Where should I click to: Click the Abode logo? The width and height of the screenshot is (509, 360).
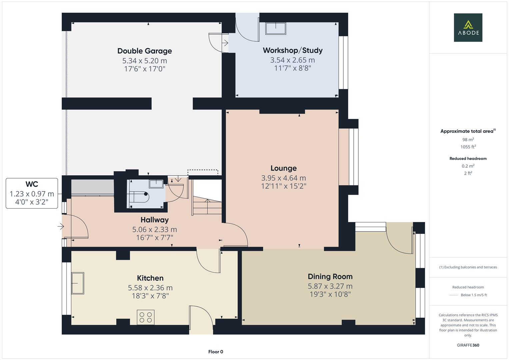pyautogui.click(x=468, y=28)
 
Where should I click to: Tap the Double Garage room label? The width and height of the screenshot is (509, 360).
pyautogui.click(x=145, y=51)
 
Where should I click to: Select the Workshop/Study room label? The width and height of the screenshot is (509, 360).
pyautogui.click(x=293, y=50)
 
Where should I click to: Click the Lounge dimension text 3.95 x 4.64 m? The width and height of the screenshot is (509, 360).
pyautogui.click(x=283, y=178)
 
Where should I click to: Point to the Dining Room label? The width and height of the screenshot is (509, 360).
pyautogui.click(x=330, y=276)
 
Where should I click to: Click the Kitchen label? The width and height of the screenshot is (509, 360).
pyautogui.click(x=150, y=278)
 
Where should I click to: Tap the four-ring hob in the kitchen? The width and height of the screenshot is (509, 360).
pyautogui.click(x=146, y=317)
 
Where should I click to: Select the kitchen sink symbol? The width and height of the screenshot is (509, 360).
pyautogui.click(x=78, y=283)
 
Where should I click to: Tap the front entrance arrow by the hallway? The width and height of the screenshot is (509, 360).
pyautogui.click(x=61, y=227)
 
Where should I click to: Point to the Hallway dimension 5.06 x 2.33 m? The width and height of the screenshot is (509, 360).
pyautogui.click(x=154, y=229)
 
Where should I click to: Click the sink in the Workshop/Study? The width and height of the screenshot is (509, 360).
pyautogui.click(x=275, y=28)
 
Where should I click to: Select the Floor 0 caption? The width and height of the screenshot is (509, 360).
pyautogui.click(x=216, y=352)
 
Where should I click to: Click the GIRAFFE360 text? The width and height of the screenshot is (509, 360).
pyautogui.click(x=468, y=345)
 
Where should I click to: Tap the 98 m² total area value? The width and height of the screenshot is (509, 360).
pyautogui.click(x=468, y=140)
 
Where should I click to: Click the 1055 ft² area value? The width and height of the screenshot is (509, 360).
pyautogui.click(x=468, y=147)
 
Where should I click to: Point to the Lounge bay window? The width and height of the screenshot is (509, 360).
pyautogui.click(x=353, y=157)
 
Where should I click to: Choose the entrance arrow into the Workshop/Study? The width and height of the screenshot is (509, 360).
pyautogui.click(x=225, y=43)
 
